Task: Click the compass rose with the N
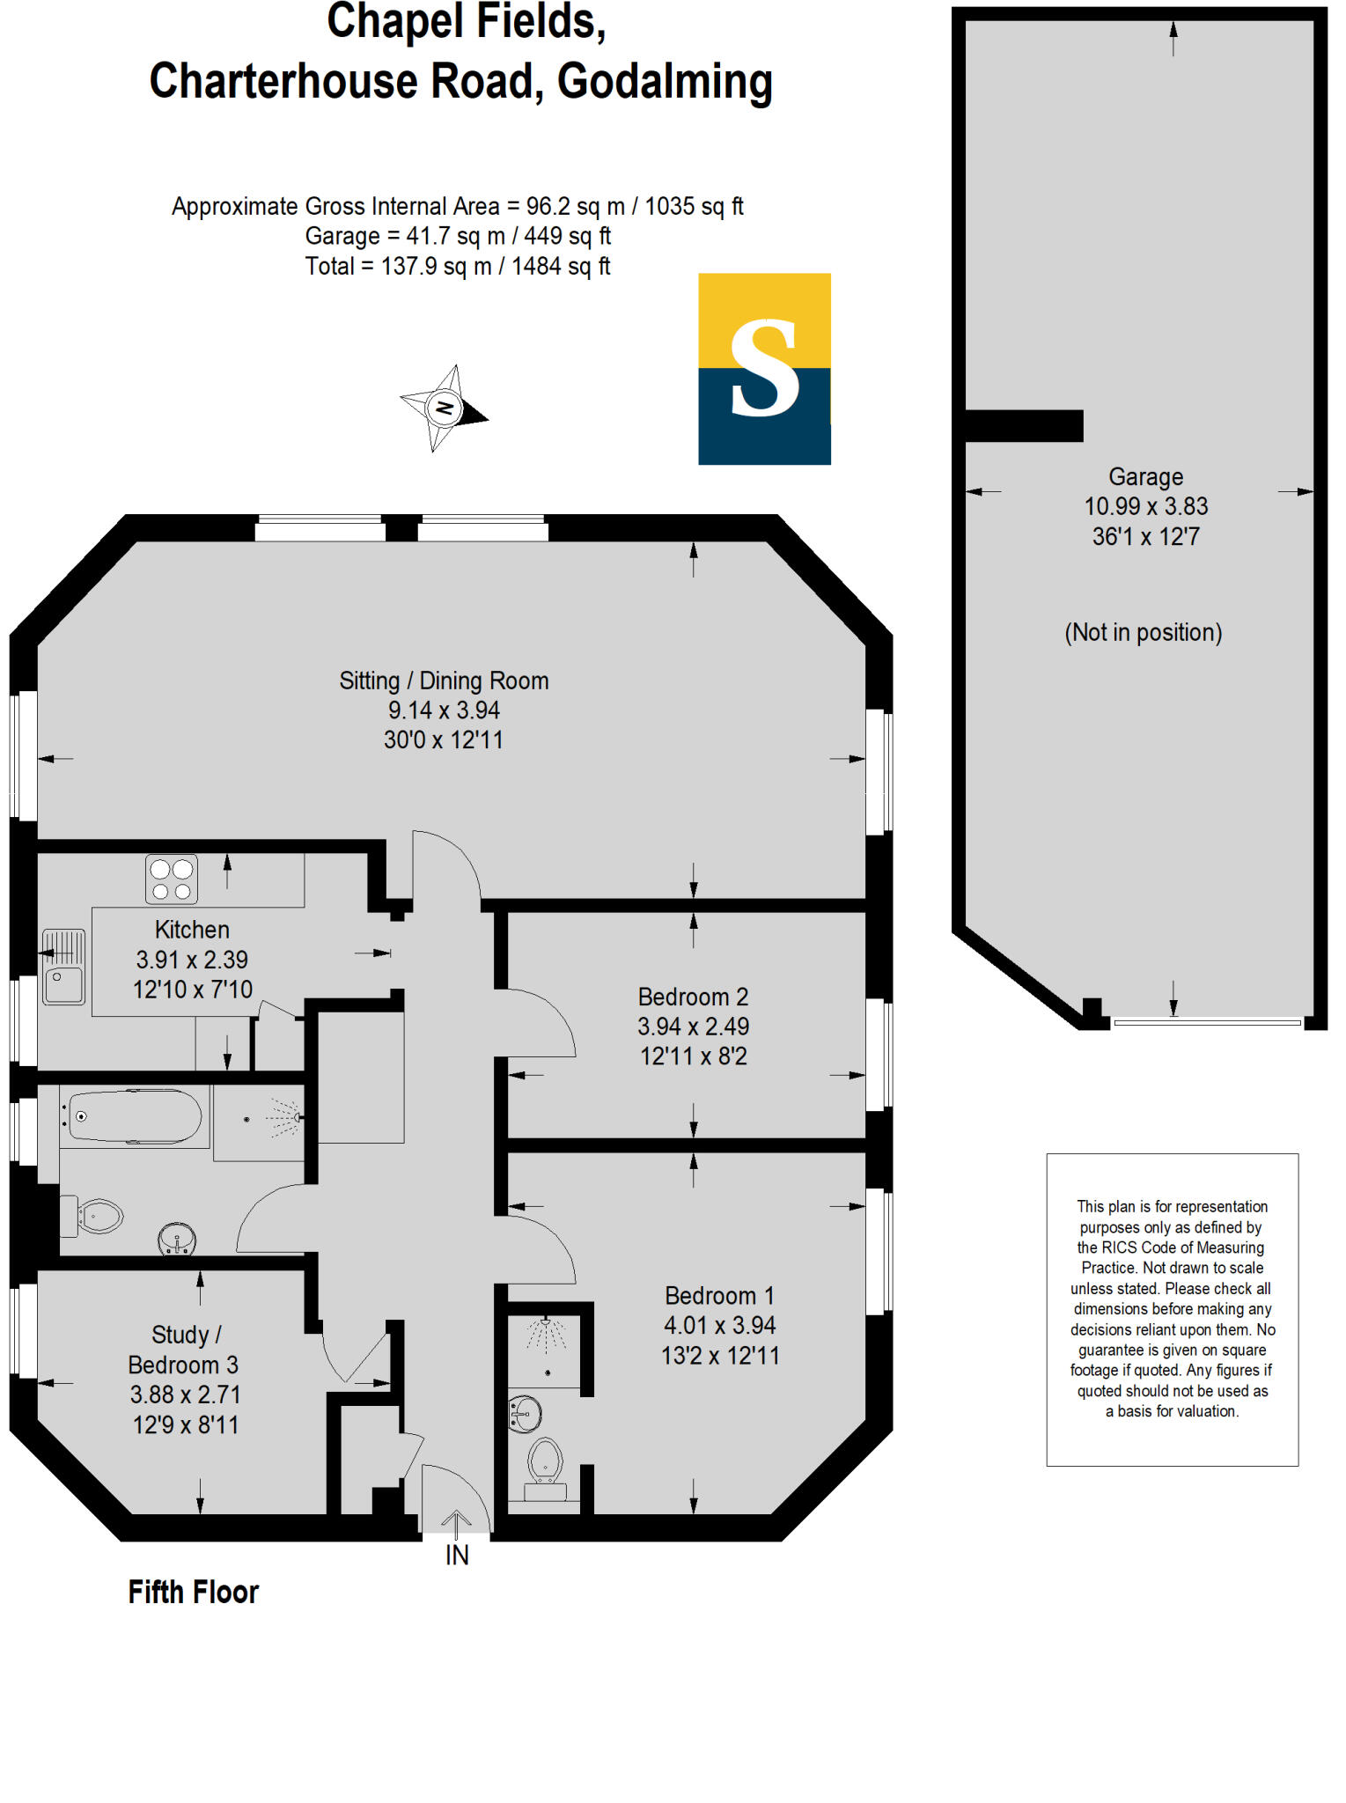[444, 408]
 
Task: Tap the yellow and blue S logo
[764, 369]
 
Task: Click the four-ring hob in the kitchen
[172, 879]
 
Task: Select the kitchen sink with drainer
[63, 967]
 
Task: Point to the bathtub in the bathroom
[135, 1117]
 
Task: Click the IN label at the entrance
[457, 1556]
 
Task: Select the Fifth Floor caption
[193, 1593]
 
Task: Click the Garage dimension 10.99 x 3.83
[1145, 507]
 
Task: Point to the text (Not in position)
[1143, 633]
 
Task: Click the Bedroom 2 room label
[693, 997]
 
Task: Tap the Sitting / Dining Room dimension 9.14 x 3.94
[444, 710]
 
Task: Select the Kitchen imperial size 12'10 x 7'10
[192, 990]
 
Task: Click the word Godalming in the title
[665, 82]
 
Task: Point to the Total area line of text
[457, 267]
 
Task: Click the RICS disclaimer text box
[1172, 1309]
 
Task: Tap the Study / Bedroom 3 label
[184, 1350]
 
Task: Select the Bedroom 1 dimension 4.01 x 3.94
[719, 1326]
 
